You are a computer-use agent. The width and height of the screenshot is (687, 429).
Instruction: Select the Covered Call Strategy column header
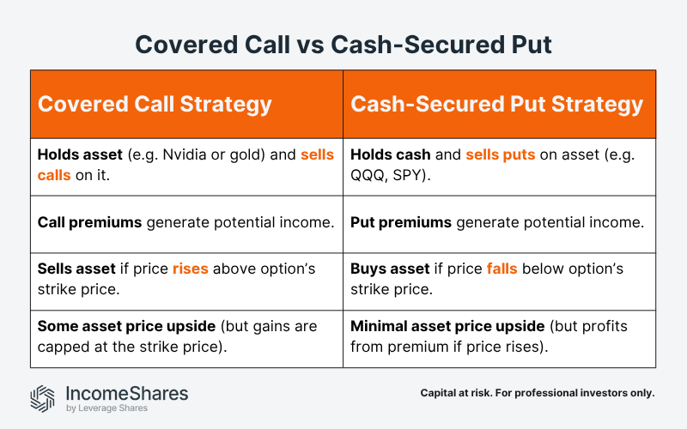tap(155, 105)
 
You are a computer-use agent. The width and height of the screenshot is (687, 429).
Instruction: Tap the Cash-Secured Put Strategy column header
tap(496, 105)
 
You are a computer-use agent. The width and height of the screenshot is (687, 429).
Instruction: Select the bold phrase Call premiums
tap(89, 222)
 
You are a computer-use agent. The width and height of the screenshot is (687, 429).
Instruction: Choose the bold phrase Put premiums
tap(401, 222)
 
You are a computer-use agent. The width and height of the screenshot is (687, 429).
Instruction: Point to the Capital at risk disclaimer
tap(538, 393)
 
